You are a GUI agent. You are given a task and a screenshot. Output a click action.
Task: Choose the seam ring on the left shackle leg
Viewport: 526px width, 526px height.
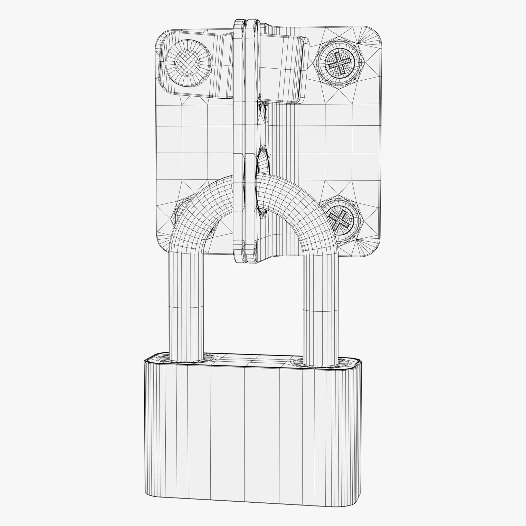(x=186, y=307)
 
